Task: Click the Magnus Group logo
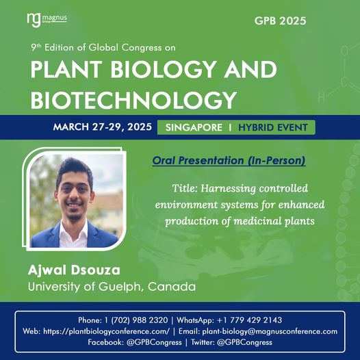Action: coord(47,20)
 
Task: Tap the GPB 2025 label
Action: coord(280,21)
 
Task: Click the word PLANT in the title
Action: coord(66,69)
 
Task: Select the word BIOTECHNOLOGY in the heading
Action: coord(133,100)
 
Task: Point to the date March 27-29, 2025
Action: coord(103,127)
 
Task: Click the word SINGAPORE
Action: coord(194,127)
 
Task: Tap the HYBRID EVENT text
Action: coord(273,127)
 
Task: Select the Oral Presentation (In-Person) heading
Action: coord(229,160)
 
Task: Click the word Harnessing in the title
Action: coord(228,189)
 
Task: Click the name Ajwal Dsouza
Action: coord(74,270)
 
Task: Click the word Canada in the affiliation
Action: coord(172,287)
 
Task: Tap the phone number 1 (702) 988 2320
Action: coord(136,320)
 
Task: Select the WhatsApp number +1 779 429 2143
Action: coord(249,320)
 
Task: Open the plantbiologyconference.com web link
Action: coord(106,331)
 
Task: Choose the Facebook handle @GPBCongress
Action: coord(154,342)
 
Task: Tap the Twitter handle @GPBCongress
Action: coord(244,342)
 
